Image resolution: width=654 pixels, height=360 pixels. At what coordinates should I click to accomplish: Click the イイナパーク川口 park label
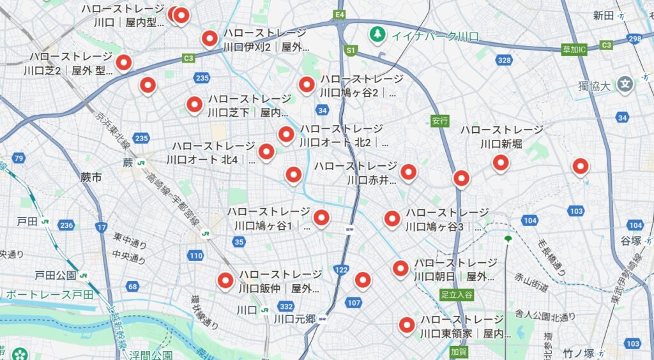[434, 36]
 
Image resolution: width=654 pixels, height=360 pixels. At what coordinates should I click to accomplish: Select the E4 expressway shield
[340, 14]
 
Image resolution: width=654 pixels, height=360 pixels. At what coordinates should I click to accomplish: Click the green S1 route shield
[350, 49]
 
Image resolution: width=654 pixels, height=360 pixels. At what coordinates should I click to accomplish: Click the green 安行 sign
[440, 120]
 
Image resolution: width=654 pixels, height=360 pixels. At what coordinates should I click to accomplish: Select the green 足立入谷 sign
[457, 294]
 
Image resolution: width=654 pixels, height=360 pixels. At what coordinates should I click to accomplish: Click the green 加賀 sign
[459, 351]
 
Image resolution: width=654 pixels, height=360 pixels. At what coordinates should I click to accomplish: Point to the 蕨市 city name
[91, 177]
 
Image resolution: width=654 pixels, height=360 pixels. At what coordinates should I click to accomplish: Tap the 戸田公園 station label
[56, 276]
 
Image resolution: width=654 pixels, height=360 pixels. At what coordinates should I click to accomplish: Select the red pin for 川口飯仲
[225, 280]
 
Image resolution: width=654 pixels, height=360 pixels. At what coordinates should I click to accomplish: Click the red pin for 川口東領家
[407, 325]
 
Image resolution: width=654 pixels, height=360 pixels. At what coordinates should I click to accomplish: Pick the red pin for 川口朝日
[400, 269]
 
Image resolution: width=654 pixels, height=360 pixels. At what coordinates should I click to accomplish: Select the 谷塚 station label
[630, 240]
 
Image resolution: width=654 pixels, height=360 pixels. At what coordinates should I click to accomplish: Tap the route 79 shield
[19, 158]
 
